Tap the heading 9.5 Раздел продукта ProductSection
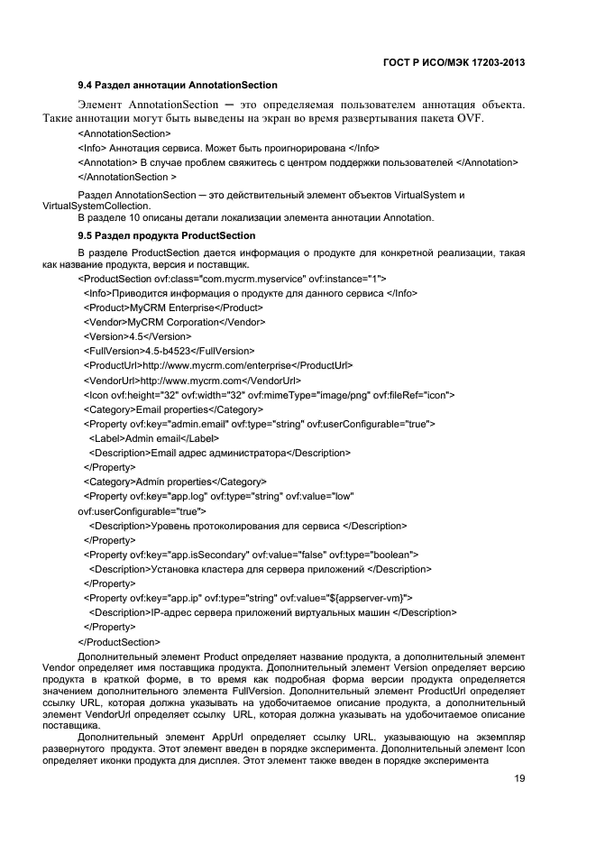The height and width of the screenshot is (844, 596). point(166,235)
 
